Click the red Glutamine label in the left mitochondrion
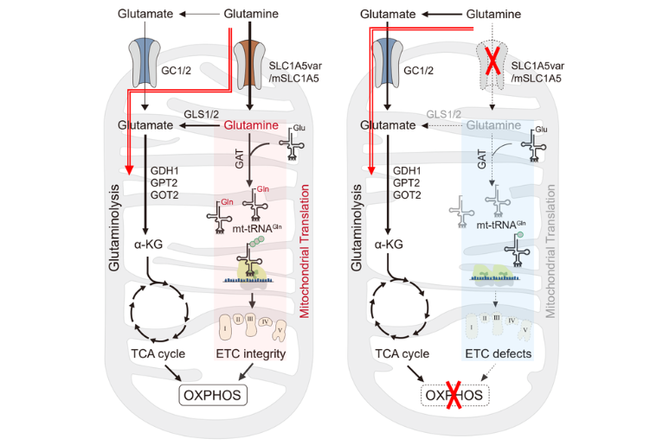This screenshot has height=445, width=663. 251,126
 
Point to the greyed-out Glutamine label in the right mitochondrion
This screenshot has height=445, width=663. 492,126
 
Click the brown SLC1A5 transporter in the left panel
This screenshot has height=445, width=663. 250,62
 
